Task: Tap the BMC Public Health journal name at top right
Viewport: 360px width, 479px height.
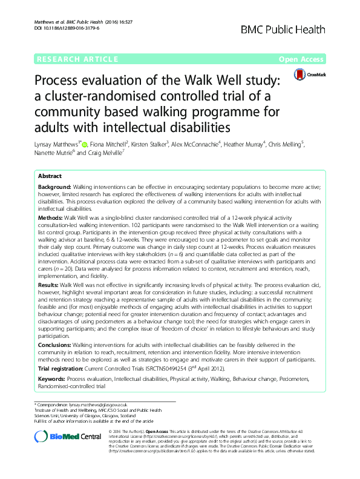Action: click(292, 28)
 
